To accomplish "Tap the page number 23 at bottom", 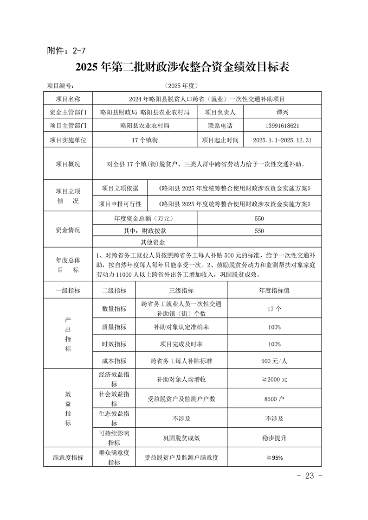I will coord(309,476).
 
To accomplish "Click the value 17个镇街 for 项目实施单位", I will coord(145,140).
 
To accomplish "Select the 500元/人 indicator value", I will coord(274,361).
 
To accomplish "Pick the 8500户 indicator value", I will coord(274,399).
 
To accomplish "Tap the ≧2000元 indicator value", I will coord(274,379).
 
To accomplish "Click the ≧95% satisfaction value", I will coord(274,457).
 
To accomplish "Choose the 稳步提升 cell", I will coord(274,438).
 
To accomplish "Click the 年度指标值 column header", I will coord(274,291).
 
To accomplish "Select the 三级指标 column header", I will coord(181,291).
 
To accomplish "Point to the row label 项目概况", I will coord(68,164).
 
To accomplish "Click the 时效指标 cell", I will coord(114,344).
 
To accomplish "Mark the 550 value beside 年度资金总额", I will coord(259,218).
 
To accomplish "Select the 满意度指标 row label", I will coord(68,457).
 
